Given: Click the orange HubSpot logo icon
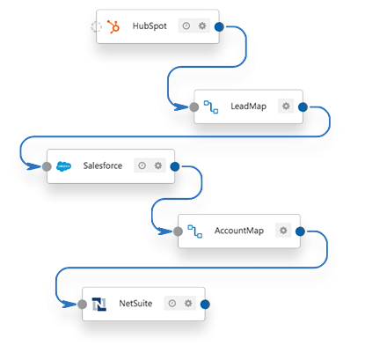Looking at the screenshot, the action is [113, 26].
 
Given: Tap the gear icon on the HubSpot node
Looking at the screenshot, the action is [202, 26].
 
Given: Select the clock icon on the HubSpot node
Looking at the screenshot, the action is [186, 26].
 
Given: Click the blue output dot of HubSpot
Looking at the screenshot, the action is [219, 26].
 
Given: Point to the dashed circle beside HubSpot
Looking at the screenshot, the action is [96, 26].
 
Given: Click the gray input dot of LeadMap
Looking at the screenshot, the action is [194, 107].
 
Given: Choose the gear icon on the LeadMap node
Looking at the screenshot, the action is [286, 106].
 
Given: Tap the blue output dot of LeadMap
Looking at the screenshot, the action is [303, 107].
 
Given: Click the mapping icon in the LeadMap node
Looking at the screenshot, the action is [211, 107].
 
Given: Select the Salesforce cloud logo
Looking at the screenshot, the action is [63, 166].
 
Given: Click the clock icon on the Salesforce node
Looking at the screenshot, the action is [142, 165].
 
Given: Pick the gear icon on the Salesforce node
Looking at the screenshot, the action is [158, 165].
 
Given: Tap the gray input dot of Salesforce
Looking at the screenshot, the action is [47, 166].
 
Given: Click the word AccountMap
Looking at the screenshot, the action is [239, 231].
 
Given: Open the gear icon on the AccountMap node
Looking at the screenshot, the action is [283, 231].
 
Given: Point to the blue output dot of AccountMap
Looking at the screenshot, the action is [300, 231].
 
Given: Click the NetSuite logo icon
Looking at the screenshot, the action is [99, 304].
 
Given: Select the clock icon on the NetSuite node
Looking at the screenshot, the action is [172, 303].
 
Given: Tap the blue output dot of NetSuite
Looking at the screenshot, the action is [205, 305].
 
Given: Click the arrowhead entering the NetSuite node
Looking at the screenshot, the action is [69, 305].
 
